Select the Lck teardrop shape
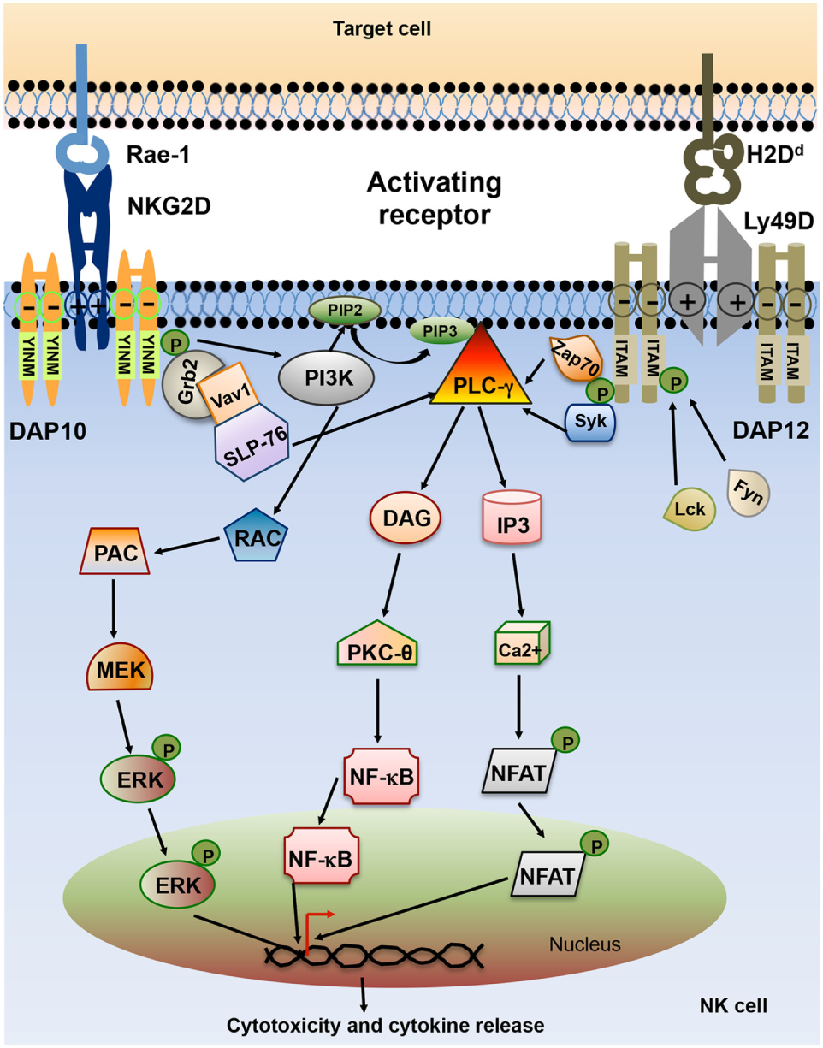click(690, 509)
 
